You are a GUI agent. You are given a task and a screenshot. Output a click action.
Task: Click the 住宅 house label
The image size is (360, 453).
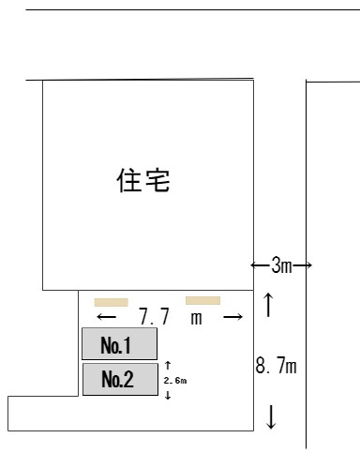pyautogui.click(x=143, y=179)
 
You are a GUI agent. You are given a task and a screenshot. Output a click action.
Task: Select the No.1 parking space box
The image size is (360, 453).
pyautogui.click(x=119, y=345)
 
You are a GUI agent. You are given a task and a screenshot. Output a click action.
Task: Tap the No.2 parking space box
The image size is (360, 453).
pyautogui.click(x=119, y=380)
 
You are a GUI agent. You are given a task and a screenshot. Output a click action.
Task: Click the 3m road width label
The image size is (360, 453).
pyautogui.click(x=281, y=266)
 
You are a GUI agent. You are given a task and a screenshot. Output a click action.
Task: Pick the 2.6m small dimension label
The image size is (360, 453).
pyautogui.click(x=174, y=381)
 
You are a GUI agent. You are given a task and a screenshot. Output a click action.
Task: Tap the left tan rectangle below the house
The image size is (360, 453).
pyautogui.click(x=111, y=303)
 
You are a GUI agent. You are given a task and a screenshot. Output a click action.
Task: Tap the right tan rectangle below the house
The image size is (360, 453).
pyautogui.click(x=202, y=300)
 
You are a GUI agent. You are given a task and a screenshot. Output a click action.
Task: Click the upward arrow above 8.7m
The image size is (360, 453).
pyautogui.click(x=270, y=306)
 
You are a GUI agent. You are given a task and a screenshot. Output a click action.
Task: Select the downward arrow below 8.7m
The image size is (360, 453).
pyautogui.click(x=272, y=417)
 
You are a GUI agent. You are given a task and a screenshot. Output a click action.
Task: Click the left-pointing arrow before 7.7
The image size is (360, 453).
pyautogui.click(x=106, y=318)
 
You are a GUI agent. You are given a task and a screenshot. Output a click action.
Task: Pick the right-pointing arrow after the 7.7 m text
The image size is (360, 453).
pyautogui.click(x=233, y=318)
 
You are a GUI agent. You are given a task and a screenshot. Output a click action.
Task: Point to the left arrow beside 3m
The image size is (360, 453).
pyautogui.click(x=261, y=266)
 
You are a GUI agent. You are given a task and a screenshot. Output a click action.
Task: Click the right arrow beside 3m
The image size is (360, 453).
pyautogui.click(x=302, y=266)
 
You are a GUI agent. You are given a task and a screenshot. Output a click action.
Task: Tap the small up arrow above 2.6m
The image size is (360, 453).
pyautogui.click(x=167, y=366)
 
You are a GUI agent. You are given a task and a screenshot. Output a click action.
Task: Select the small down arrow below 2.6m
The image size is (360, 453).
pyautogui.click(x=167, y=396)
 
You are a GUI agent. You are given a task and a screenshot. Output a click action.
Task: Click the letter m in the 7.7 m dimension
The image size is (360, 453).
pyautogui.click(x=197, y=318)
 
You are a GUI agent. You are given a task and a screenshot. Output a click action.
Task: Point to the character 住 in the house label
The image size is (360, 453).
pyautogui.click(x=129, y=179)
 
